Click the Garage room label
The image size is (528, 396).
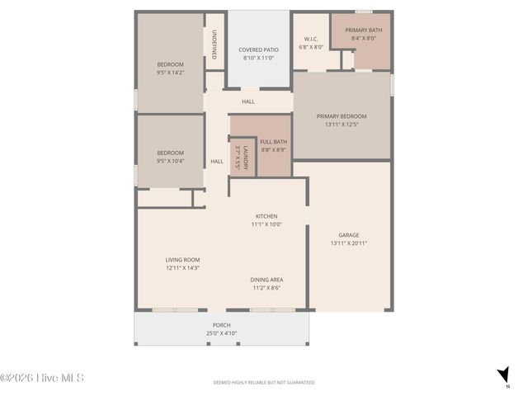point(348,234)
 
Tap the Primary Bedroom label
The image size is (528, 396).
point(342,116)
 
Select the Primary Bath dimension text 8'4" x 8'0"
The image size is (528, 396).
point(363,38)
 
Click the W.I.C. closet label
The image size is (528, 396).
point(311,38)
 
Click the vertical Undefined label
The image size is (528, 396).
point(214,45)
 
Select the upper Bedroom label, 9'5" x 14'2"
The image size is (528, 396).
point(170,64)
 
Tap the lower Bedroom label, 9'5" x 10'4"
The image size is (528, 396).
point(170,153)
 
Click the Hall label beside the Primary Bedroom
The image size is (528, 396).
point(248,101)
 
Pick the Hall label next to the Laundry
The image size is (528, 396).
point(217,161)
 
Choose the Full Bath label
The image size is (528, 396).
point(273,141)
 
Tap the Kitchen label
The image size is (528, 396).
point(266,216)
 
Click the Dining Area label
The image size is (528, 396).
point(266,280)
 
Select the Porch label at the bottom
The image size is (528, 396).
point(221,325)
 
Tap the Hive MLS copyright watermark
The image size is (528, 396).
point(42,379)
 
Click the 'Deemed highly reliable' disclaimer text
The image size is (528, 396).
point(263,383)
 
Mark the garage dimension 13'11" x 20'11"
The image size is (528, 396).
point(348,243)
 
